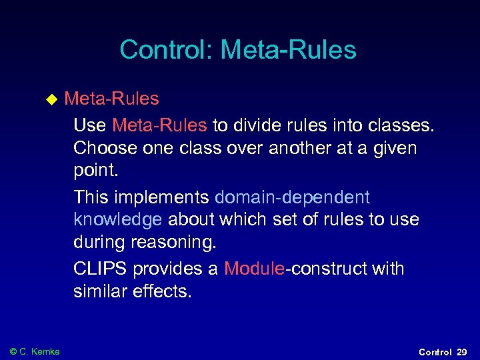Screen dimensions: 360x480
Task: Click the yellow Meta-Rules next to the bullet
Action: pyautogui.click(x=111, y=99)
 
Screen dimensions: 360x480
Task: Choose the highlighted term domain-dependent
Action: pyautogui.click(x=292, y=197)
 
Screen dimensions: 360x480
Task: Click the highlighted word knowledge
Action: pyautogui.click(x=117, y=220)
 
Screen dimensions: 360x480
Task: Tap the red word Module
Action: pyautogui.click(x=254, y=269)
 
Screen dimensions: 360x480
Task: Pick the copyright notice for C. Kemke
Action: pyautogui.click(x=35, y=351)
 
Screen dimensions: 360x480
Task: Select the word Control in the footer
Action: pyautogui.click(x=435, y=352)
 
